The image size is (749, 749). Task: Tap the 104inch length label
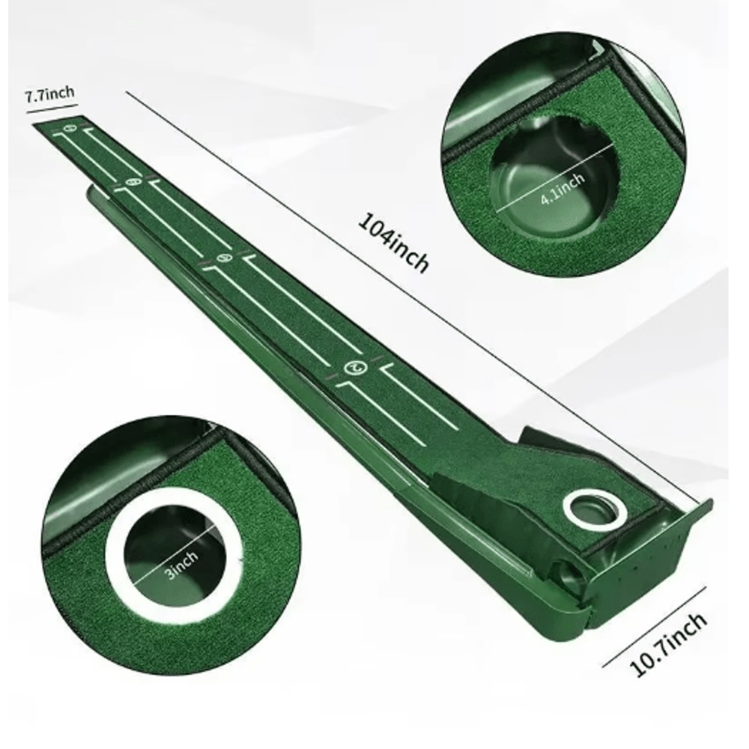tap(394, 243)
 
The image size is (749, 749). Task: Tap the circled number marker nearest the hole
tap(355, 367)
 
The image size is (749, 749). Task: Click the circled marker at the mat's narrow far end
tap(70, 128)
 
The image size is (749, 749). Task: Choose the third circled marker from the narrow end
tap(222, 258)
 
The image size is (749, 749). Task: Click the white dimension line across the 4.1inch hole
tap(554, 180)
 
